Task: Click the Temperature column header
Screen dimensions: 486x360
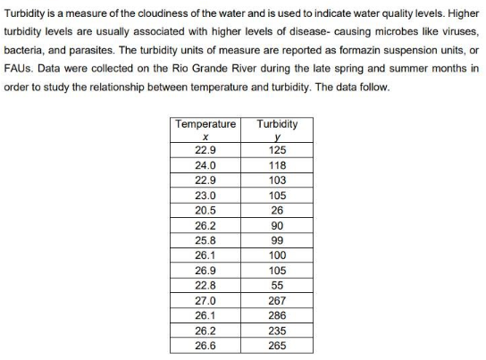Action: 205,123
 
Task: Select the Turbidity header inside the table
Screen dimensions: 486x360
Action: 277,123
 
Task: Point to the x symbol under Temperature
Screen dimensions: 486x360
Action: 205,137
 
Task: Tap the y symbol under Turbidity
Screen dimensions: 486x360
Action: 277,138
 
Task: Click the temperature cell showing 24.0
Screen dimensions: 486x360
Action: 205,165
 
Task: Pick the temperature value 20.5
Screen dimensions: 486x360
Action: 205,210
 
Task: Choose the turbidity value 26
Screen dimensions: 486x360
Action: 277,210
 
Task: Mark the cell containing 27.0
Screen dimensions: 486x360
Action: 205,300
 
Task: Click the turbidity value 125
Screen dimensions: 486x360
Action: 277,150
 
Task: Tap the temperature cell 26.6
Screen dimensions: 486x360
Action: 205,345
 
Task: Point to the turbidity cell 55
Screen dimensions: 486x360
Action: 277,285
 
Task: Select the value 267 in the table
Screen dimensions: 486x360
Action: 277,300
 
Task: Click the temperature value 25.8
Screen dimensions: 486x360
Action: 205,240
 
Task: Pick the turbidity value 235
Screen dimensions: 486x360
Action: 277,330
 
